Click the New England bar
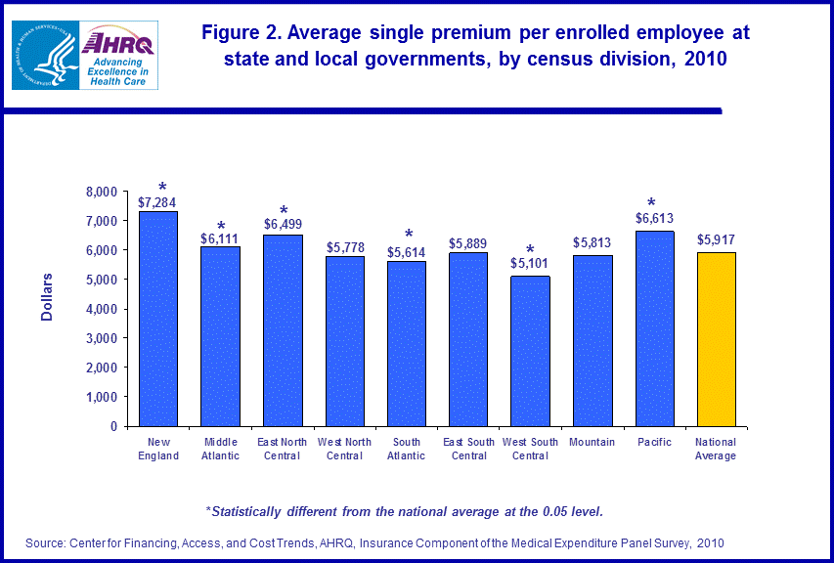[158, 319]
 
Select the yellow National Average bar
[716, 339]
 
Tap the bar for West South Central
[530, 351]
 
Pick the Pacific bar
[654, 328]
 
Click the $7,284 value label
[158, 202]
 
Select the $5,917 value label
[716, 238]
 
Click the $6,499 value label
[283, 224]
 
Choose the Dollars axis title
[46, 297]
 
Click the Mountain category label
[593, 443]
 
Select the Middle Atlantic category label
[221, 449]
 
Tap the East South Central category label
[468, 449]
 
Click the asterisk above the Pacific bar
[650, 204]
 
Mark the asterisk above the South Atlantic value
[409, 236]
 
